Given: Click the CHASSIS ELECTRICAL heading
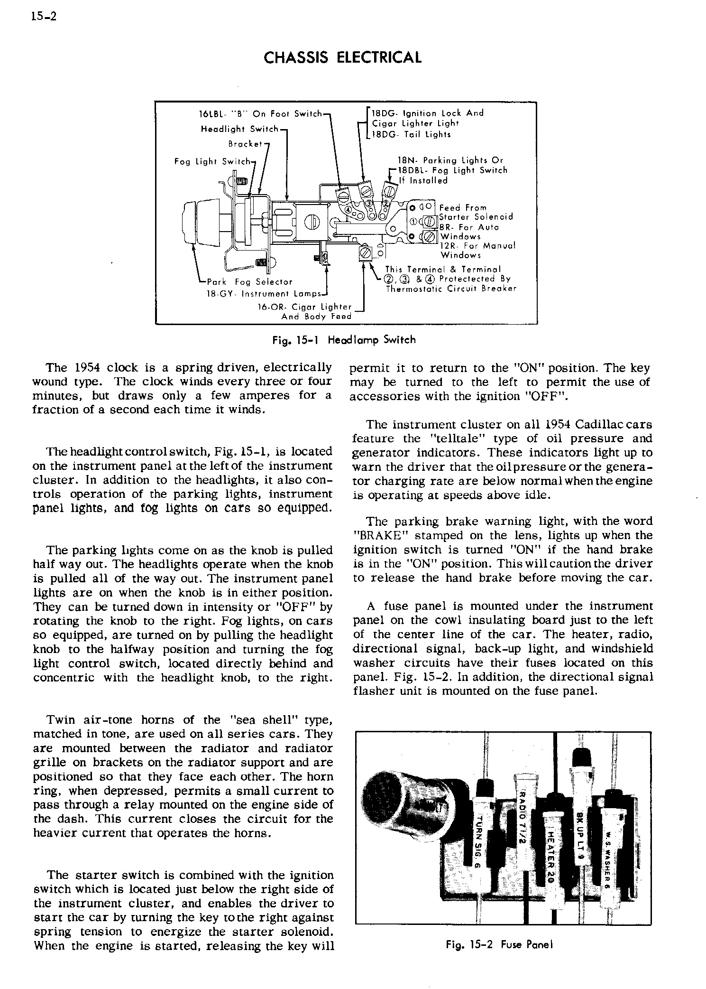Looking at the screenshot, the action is click(342, 58).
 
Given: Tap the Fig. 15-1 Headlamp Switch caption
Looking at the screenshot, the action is click(344, 340).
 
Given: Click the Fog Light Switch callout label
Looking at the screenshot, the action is click(212, 161).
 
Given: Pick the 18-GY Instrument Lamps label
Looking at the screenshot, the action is click(265, 294).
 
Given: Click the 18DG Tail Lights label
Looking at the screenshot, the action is click(411, 134).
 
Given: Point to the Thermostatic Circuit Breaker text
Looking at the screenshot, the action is click(450, 289).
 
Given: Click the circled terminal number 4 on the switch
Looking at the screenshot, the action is click(348, 209).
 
